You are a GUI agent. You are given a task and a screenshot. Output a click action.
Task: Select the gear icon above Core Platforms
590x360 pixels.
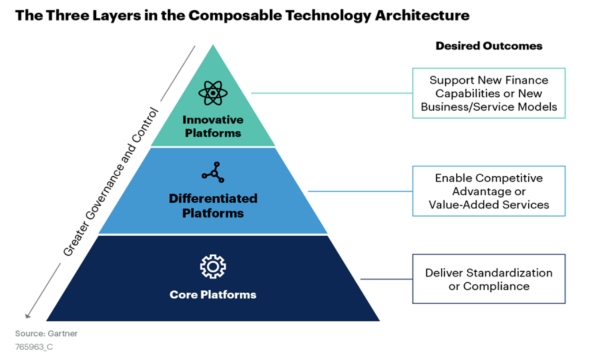coord(213,266)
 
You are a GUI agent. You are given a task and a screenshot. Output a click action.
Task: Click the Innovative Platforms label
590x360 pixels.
coord(213,126)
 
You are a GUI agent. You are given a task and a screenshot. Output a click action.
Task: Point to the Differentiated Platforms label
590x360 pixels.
coord(213,206)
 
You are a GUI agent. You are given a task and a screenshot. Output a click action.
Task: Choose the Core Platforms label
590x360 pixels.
coord(213,295)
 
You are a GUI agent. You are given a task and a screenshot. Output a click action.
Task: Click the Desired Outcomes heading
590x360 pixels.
coord(489,46)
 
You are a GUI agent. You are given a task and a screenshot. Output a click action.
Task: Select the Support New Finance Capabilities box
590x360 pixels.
coord(489,93)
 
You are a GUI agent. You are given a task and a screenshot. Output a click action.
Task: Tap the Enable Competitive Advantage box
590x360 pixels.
coord(489,191)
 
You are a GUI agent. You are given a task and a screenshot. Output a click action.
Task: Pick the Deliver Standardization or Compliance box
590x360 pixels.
coord(489,279)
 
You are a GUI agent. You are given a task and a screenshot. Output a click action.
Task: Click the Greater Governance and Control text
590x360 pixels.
coord(110,182)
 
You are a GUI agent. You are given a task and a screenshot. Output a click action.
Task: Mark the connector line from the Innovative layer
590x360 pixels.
coord(331,93)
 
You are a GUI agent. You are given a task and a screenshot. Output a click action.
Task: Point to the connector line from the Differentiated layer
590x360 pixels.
coord(360,191)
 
